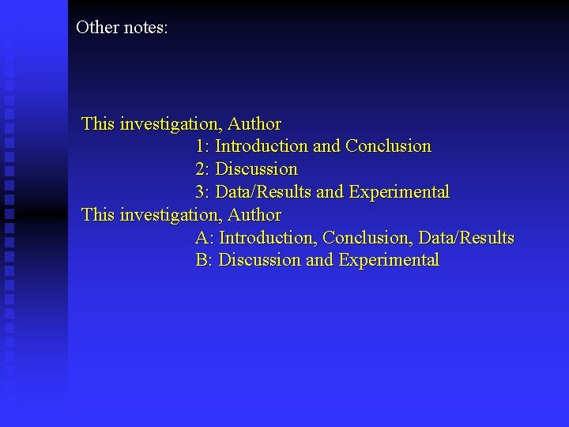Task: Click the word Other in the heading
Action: (97, 28)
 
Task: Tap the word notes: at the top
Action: (145, 28)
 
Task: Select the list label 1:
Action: (202, 146)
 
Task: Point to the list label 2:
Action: (202, 169)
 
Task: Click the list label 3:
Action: (202, 192)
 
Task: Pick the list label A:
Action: (204, 238)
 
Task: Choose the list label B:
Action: (204, 260)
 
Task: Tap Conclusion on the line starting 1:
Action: (389, 146)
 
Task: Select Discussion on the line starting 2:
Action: (257, 169)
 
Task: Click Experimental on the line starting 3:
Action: (401, 192)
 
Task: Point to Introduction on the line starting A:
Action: (269, 238)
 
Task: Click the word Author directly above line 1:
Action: (254, 124)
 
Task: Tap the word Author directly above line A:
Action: (254, 215)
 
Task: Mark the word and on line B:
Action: (319, 260)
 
